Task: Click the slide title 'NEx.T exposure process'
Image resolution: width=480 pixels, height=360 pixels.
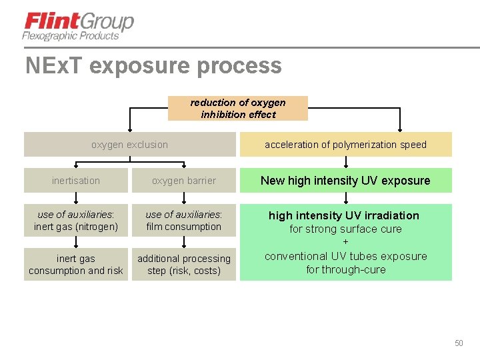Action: (x=153, y=66)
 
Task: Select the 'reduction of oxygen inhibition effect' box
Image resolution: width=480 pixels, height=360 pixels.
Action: (x=238, y=109)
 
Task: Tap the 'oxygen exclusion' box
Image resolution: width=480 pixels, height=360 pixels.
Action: (x=129, y=145)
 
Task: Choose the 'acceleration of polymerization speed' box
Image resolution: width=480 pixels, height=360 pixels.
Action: (x=345, y=145)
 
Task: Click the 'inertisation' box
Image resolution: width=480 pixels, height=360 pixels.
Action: (x=76, y=181)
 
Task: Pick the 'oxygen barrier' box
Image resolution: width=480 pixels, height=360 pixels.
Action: (x=184, y=181)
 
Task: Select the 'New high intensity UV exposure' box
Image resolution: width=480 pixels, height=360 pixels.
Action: (x=345, y=181)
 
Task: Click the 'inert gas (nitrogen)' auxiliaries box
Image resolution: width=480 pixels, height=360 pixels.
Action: (x=76, y=221)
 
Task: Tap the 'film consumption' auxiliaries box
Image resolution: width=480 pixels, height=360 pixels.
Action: (x=184, y=221)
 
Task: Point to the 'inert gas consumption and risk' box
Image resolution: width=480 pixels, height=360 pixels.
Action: (x=76, y=265)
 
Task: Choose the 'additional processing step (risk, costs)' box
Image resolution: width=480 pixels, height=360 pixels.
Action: (x=184, y=265)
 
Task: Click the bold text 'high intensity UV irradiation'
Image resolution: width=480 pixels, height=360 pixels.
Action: (x=344, y=215)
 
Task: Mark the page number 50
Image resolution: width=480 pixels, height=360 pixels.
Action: (x=459, y=343)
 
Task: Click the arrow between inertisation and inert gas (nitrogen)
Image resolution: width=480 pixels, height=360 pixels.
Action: (x=76, y=198)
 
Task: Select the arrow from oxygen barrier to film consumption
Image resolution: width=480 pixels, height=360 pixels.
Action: (x=184, y=198)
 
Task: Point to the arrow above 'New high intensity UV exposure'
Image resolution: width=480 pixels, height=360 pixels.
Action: (x=345, y=162)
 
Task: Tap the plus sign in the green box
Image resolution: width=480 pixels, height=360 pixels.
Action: (x=345, y=243)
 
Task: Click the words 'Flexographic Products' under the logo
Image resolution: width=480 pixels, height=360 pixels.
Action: (x=70, y=36)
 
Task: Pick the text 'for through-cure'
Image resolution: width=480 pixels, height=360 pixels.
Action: (x=345, y=270)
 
